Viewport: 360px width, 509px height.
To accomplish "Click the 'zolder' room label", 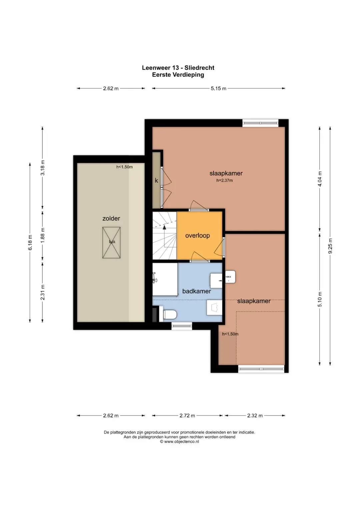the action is (111, 218).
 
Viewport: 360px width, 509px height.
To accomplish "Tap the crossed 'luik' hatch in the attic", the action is (111, 242).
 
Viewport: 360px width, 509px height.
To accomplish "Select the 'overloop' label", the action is (197, 235).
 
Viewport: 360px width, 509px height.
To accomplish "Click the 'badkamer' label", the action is (197, 291).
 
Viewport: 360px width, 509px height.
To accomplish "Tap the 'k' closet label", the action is (156, 180).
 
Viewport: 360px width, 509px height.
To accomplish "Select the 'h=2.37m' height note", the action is (225, 180).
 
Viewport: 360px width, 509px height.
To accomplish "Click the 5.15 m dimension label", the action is (218, 88).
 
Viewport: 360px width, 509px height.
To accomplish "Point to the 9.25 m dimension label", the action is (330, 246).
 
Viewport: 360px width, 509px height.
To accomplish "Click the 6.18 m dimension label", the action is (30, 242).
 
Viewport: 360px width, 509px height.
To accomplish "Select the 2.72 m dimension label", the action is (187, 416).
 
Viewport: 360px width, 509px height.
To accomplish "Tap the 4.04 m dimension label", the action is (320, 179).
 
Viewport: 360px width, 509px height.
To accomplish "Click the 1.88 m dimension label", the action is (43, 235).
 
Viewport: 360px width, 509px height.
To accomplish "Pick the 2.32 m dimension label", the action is (255, 416).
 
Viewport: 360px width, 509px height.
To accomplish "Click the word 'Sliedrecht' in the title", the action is (199, 68).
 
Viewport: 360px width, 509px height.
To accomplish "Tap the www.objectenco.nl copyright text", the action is (179, 442).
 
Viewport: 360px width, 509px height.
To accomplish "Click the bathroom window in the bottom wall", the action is (182, 326).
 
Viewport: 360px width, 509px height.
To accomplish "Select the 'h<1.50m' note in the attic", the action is (124, 167).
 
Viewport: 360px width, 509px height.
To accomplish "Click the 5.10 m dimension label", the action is (320, 299).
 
